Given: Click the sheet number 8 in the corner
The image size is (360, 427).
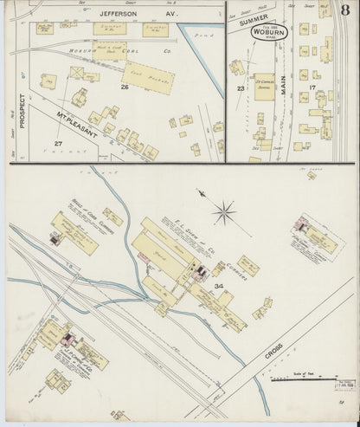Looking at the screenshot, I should (x=344, y=10).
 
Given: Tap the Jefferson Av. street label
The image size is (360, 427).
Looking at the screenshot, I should (x=124, y=14).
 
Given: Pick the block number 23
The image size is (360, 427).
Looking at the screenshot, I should (x=240, y=87).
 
